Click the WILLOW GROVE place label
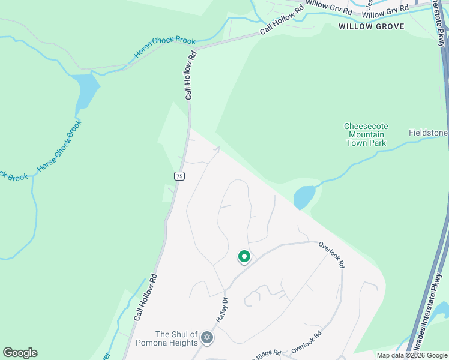click(x=371, y=26)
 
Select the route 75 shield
click(x=179, y=176)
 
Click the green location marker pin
click(x=244, y=257)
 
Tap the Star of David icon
click(x=207, y=338)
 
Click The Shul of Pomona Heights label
click(x=176, y=338)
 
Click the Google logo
click(x=20, y=353)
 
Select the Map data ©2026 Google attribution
click(x=412, y=355)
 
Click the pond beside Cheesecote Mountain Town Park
click(x=304, y=196)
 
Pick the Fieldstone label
click(x=429, y=133)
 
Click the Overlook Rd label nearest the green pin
click(x=332, y=254)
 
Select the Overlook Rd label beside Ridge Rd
click(x=307, y=342)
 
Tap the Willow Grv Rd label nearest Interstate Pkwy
click(x=385, y=11)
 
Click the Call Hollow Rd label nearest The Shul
click(x=145, y=297)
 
